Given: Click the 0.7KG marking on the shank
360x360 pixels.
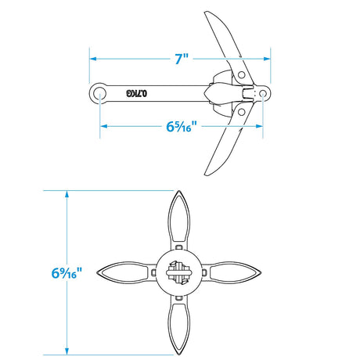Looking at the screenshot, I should tap(138, 93).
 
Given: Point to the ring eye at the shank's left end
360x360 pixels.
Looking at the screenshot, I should tap(100, 93).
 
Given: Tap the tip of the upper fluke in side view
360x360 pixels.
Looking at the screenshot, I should tap(207, 13).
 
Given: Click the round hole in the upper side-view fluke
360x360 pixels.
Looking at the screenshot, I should tap(242, 74).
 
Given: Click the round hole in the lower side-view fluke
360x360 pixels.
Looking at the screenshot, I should tap(242, 112).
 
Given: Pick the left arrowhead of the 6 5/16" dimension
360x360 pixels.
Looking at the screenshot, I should tap(103, 125).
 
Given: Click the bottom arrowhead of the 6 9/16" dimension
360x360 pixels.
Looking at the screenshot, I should tap(67, 351).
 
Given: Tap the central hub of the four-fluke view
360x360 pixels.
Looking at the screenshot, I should tap(180, 272).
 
